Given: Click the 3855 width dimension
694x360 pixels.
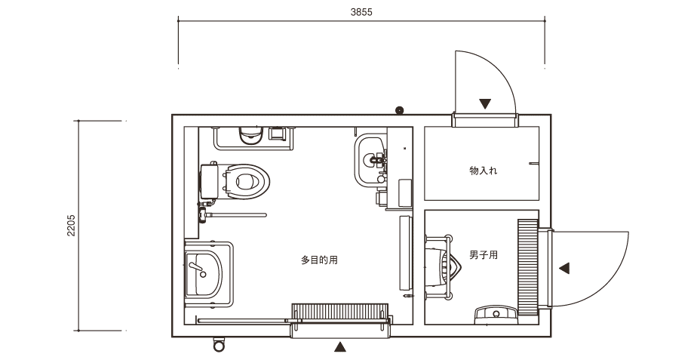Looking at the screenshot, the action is [361, 12].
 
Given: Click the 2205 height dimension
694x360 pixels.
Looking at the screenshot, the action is [71, 226].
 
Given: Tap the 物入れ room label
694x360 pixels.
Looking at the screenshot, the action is [484, 171].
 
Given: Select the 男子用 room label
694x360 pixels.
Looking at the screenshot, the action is [484, 255].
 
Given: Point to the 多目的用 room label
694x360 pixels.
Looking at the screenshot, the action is [319, 260].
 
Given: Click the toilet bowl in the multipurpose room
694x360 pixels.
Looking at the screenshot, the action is [246, 181].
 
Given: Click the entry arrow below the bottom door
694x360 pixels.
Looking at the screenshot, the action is [339, 346].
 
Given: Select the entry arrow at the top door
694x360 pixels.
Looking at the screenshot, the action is [485, 103].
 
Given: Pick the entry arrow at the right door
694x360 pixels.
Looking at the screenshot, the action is [564, 268].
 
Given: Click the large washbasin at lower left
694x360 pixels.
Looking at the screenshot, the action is [203, 274].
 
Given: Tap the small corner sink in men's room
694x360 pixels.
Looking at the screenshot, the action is [496, 315].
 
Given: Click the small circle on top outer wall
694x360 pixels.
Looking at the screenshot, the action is [400, 110].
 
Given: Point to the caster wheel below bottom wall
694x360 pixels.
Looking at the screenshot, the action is [219, 344].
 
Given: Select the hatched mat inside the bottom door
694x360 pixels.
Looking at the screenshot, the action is [340, 311].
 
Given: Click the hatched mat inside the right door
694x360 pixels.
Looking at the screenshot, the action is [528, 267].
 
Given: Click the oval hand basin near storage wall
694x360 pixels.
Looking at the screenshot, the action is [371, 160].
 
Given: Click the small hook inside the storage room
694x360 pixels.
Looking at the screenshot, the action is [533, 163].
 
